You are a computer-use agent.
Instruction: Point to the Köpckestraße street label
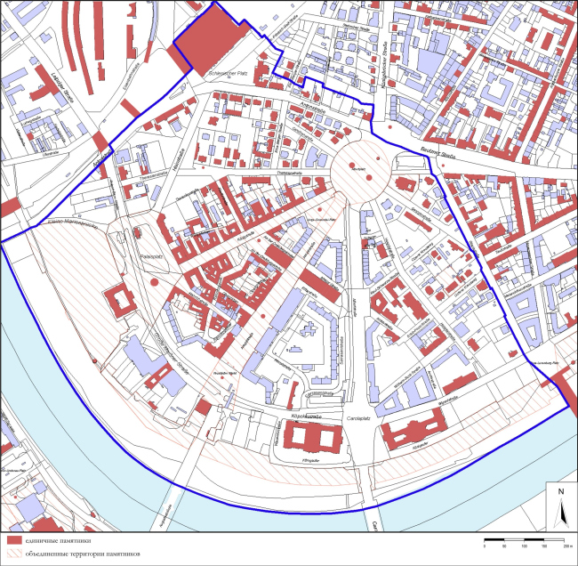(306, 416)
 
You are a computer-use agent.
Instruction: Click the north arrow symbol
(561, 512)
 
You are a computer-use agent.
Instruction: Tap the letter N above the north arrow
(561, 491)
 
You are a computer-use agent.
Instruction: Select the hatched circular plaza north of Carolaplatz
(360, 166)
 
